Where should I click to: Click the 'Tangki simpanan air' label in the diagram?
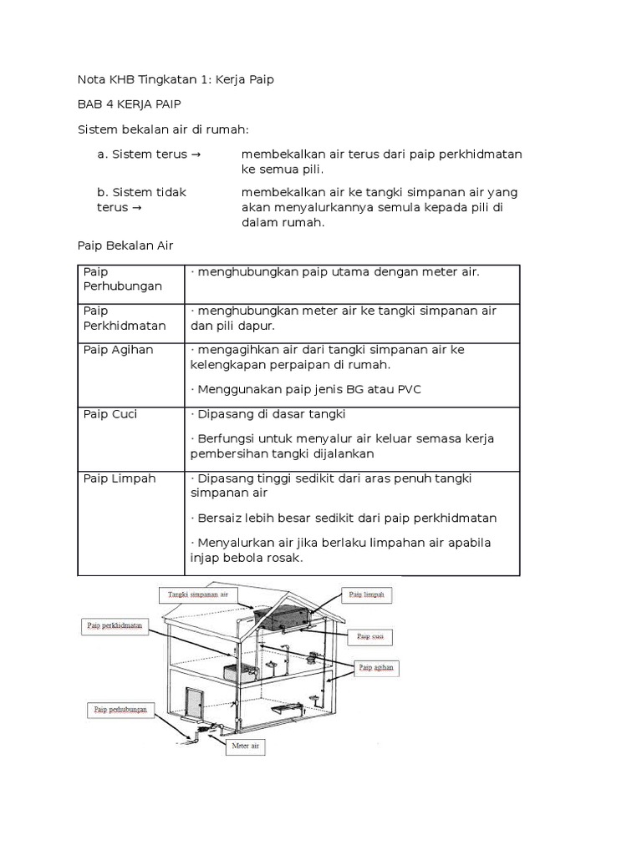point(197,594)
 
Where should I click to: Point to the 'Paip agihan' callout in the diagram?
point(377,667)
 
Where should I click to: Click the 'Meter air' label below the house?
point(245,745)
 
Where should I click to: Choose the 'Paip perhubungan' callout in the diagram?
point(120,711)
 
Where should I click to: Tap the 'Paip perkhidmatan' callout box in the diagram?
point(114,624)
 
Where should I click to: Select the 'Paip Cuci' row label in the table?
point(110,414)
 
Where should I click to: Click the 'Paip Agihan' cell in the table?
point(119,350)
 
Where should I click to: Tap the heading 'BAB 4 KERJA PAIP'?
point(130,104)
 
